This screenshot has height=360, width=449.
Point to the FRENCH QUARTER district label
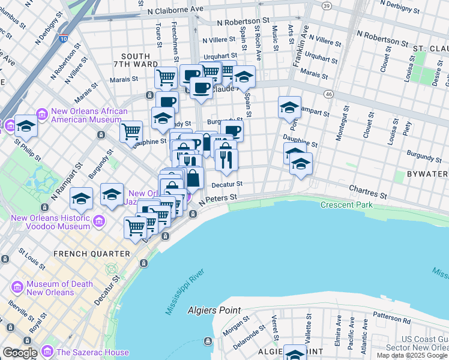coord(92,254)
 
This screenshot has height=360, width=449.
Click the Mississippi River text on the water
coord(185,292)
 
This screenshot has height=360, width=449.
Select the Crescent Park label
coord(346,205)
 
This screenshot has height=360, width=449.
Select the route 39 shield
coord(326,5)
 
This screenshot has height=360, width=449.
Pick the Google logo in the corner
coord(20,353)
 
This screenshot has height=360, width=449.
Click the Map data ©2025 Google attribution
coord(412,355)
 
